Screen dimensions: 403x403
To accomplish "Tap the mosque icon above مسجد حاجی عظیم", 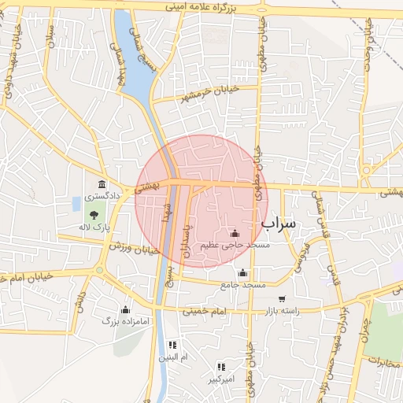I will (234, 233).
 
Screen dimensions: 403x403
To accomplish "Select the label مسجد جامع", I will (243, 283).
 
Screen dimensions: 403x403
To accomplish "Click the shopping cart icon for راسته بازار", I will (283, 299).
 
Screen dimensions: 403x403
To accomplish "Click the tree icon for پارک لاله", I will (94, 214).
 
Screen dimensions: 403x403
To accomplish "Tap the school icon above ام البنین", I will (173, 345).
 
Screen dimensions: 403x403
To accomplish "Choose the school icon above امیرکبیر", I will (222, 367).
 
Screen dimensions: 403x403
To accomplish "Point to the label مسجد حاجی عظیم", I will (234, 245).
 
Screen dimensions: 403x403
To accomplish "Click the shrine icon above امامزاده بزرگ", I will (125, 309).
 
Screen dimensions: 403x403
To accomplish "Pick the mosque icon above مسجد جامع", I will (243, 272).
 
